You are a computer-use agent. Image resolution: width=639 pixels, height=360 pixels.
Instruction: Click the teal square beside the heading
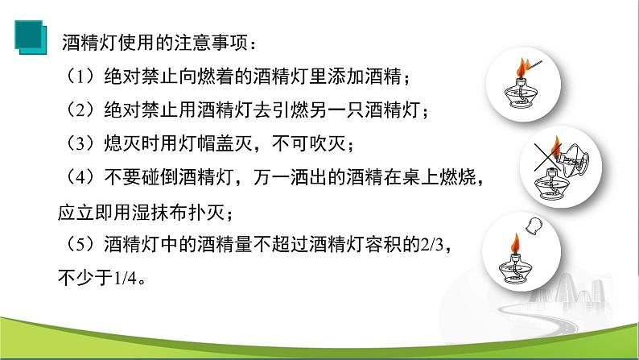point(31,37)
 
